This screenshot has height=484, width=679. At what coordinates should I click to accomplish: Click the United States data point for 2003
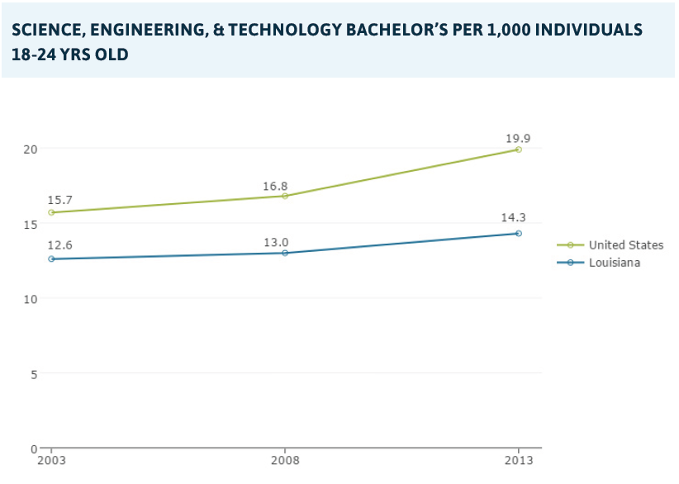pyautogui.click(x=51, y=212)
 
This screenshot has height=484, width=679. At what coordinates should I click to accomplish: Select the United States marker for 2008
pyautogui.click(x=285, y=196)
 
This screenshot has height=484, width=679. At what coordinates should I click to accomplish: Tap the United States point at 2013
pyautogui.click(x=519, y=149)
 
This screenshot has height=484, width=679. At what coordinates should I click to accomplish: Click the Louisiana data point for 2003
pyautogui.click(x=51, y=259)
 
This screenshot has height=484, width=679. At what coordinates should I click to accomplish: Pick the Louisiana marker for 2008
pyautogui.click(x=285, y=253)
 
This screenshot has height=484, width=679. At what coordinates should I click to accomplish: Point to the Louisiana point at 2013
pyautogui.click(x=519, y=233)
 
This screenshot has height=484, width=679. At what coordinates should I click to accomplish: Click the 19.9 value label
pyautogui.click(x=518, y=138)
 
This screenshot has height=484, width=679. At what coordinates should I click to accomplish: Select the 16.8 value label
pyautogui.click(x=275, y=186)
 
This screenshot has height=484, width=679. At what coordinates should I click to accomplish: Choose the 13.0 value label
pyautogui.click(x=275, y=241)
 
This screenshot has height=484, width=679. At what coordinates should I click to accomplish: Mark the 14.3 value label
pyautogui.click(x=513, y=218)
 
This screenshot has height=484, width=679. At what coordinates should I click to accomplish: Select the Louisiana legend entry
pyautogui.click(x=615, y=263)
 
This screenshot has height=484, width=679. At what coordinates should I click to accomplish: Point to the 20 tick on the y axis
pyautogui.click(x=31, y=149)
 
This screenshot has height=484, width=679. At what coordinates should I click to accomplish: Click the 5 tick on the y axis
pyautogui.click(x=34, y=373)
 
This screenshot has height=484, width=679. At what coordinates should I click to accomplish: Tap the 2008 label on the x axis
pyautogui.click(x=285, y=460)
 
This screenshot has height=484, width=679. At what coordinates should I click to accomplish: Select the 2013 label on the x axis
pyautogui.click(x=519, y=460)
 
